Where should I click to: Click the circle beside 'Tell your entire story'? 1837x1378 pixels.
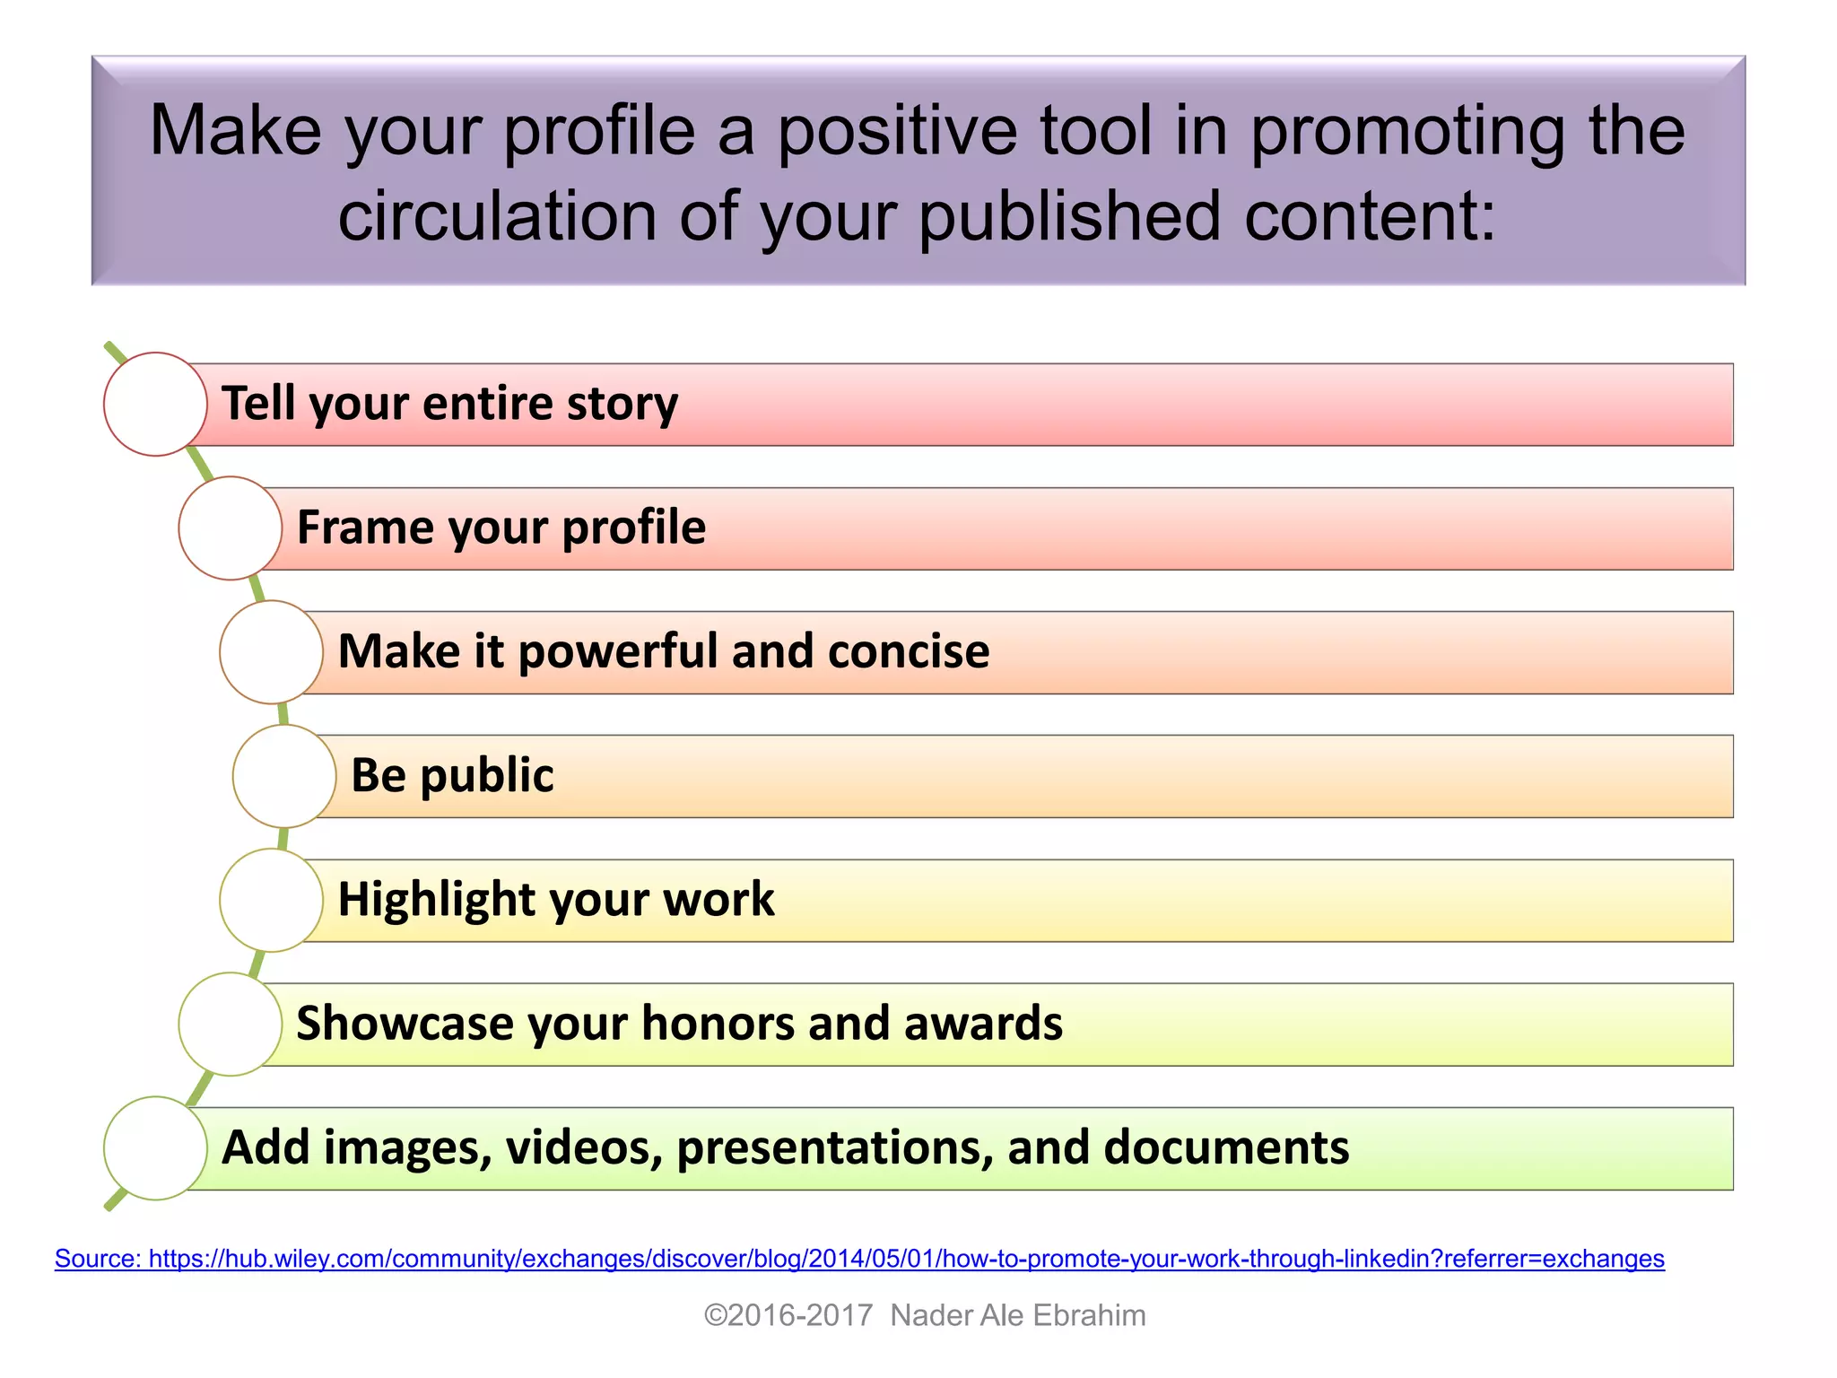(155, 404)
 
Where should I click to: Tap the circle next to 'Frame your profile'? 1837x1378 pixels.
(231, 528)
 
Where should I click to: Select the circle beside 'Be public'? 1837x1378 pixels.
(284, 776)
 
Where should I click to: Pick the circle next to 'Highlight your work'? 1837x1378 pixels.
(271, 900)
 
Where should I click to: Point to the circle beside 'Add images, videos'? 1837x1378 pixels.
(155, 1148)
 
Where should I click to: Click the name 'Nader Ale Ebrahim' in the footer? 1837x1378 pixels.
(1017, 1315)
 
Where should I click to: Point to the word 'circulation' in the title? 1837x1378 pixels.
(498, 216)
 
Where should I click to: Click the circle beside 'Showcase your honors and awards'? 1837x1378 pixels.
(231, 1024)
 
